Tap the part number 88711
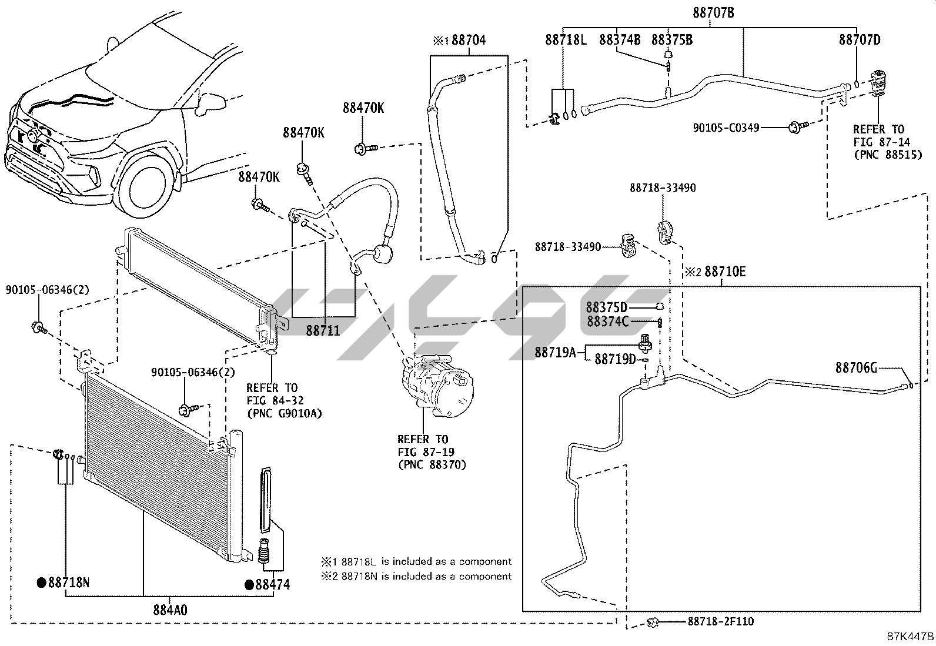coord(323,331)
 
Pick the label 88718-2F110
coord(720,621)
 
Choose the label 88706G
coord(856,367)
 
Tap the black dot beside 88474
coord(249,585)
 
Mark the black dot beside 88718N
coord(41,583)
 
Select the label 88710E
coord(725,271)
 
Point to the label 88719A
coord(555,352)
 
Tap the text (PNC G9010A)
coord(284,414)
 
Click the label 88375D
coord(606,307)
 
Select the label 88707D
coord(860,40)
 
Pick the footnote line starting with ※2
coord(416,576)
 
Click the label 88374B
coord(620,40)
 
